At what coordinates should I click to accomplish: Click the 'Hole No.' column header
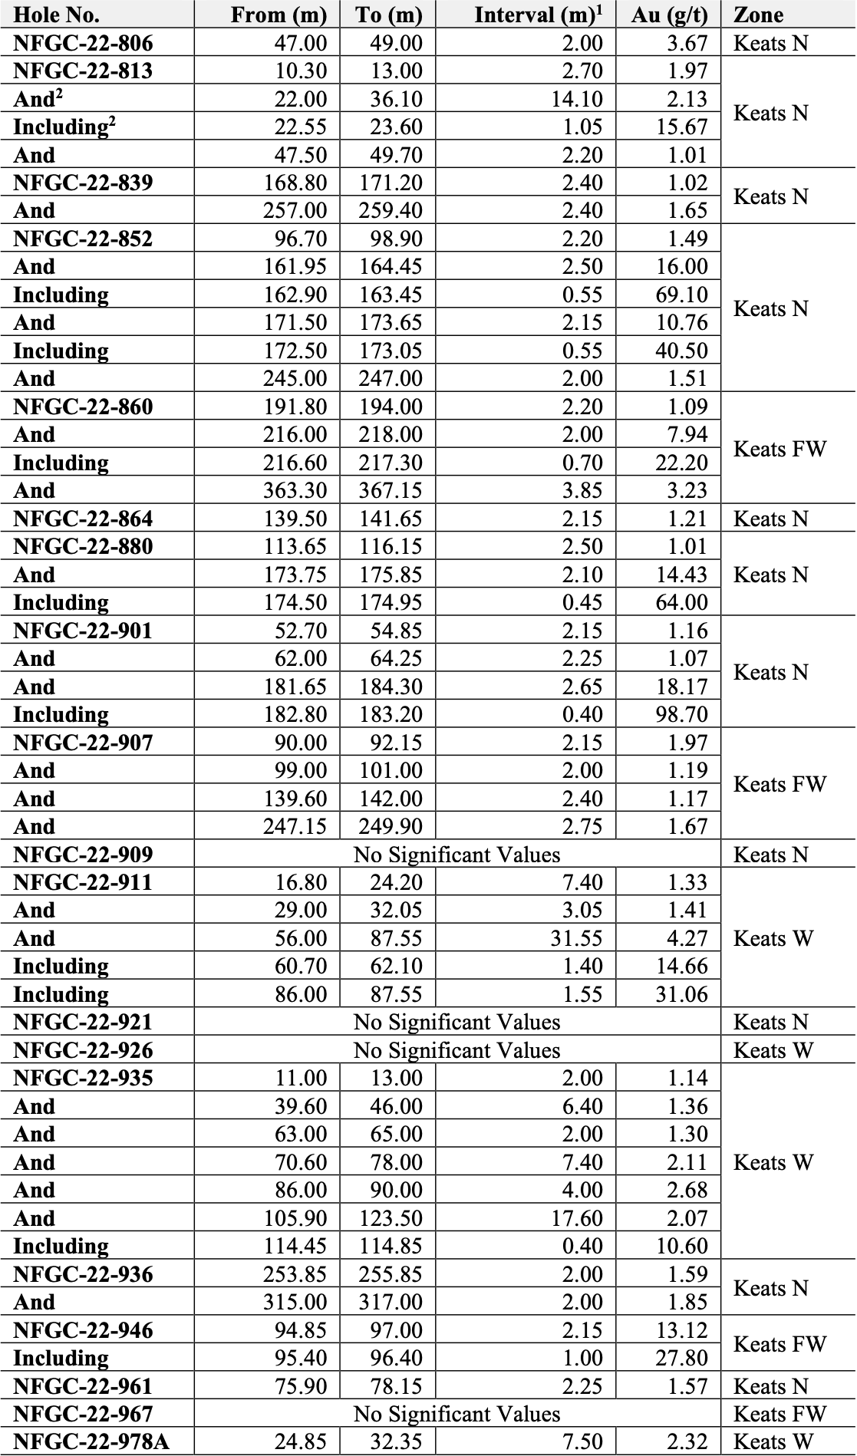click(x=56, y=15)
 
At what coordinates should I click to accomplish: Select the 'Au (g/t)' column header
click(x=669, y=15)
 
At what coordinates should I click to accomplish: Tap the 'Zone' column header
click(x=758, y=15)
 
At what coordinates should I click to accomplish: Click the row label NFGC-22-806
click(x=83, y=43)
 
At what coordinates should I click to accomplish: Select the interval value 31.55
click(x=576, y=938)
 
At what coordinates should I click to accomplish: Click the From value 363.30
click(x=295, y=490)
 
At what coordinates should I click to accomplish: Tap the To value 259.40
click(x=391, y=210)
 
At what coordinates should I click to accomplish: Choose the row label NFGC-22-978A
click(x=91, y=1442)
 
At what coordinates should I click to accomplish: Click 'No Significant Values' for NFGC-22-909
click(x=457, y=855)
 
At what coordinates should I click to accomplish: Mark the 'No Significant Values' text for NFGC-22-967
click(x=457, y=1414)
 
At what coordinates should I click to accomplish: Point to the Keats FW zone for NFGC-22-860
click(x=780, y=449)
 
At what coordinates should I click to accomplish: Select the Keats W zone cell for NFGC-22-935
click(x=773, y=1162)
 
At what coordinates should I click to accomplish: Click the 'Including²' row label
click(x=64, y=127)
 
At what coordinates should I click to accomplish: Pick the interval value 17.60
click(x=576, y=1218)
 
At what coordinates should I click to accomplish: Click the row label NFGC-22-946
click(x=83, y=1330)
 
